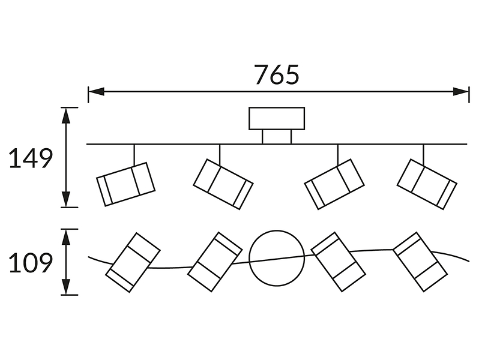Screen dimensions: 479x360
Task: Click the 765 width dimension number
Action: [277, 74]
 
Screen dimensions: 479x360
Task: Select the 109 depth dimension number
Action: [31, 263]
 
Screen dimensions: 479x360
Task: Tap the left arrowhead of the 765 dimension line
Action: [96, 91]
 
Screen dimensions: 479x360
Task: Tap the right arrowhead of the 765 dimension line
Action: [460, 91]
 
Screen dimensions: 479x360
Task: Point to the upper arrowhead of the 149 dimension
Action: [66, 115]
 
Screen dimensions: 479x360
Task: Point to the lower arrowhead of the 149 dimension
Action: [66, 199]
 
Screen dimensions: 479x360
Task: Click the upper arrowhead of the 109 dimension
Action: [66, 237]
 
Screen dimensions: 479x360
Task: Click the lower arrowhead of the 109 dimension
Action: [66, 287]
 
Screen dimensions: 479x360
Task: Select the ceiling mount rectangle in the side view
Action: [277, 118]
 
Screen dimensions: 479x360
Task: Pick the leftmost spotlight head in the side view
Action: [125, 184]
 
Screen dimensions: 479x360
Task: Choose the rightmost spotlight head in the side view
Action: [427, 184]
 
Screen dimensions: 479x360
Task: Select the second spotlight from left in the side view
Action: [223, 184]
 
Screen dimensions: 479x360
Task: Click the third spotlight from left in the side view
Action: [334, 184]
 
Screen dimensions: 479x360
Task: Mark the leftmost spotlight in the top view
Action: [133, 263]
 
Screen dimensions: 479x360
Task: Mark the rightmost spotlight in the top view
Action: [420, 262]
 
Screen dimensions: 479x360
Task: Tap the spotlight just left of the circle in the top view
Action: [215, 262]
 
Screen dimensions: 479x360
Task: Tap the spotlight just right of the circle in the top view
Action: [338, 262]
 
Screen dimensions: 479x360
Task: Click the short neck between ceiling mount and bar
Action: [277, 137]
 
